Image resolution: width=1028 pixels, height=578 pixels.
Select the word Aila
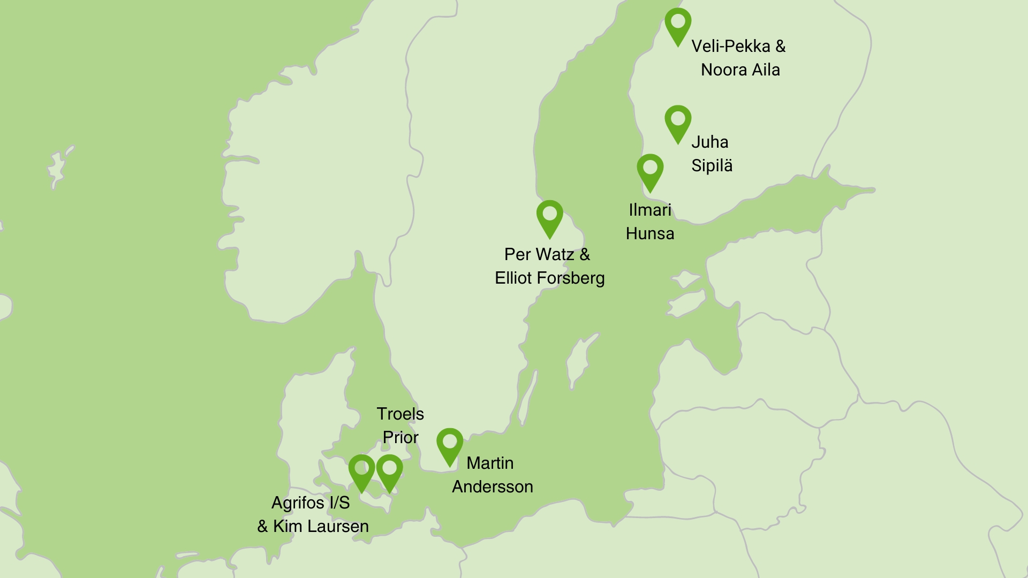tap(765, 70)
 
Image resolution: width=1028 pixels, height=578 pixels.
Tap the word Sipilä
tap(712, 165)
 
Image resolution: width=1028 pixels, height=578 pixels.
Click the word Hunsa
tap(650, 233)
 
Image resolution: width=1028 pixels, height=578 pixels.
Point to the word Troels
tap(400, 414)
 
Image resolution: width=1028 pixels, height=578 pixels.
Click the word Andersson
tap(493, 486)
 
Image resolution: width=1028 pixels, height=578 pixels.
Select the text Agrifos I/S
tap(311, 503)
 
